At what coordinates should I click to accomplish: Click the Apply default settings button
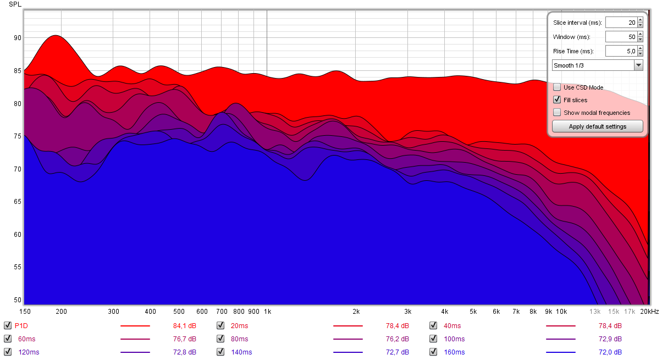point(597,126)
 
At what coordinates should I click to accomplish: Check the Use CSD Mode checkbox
point(557,87)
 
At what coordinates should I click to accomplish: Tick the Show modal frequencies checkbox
point(557,113)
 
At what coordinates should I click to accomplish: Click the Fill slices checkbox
point(557,100)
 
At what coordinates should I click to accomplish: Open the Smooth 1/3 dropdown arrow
point(638,65)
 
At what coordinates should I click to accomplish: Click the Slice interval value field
point(621,23)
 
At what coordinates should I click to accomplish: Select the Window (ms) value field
point(621,37)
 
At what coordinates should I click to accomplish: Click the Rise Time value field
point(621,51)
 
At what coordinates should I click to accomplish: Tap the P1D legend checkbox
point(7,325)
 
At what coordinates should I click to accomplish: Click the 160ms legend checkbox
point(433,352)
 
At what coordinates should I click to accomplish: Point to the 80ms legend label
point(239,339)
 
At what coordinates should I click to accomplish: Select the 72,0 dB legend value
point(610,352)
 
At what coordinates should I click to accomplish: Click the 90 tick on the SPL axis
point(18,38)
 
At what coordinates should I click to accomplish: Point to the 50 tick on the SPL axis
point(18,300)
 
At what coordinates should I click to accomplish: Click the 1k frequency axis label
point(267,311)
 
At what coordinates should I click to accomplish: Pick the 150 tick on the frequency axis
point(24,311)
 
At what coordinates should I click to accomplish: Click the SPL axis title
point(14,4)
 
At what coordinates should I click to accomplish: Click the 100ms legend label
point(454,339)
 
